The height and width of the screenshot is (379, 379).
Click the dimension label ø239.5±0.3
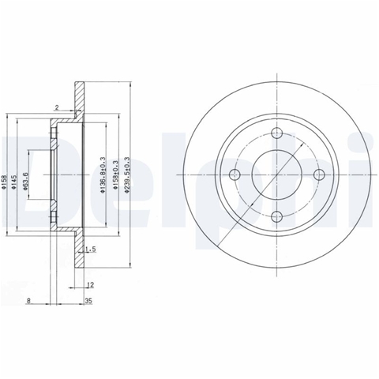pyautogui.click(x=127, y=175)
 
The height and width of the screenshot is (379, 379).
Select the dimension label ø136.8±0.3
pyautogui.click(x=103, y=175)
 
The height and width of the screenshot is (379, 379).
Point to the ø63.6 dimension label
pyautogui.click(x=25, y=181)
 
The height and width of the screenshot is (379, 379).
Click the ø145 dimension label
pyautogui.click(x=13, y=182)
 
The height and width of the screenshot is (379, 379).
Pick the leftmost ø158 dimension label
pyautogui.click(x=3, y=182)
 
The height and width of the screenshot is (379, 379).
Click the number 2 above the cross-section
pyautogui.click(x=57, y=107)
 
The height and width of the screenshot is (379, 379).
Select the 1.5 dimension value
pyautogui.click(x=91, y=250)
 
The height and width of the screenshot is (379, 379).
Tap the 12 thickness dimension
pyautogui.click(x=90, y=285)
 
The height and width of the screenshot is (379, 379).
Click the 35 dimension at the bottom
pyautogui.click(x=89, y=301)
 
